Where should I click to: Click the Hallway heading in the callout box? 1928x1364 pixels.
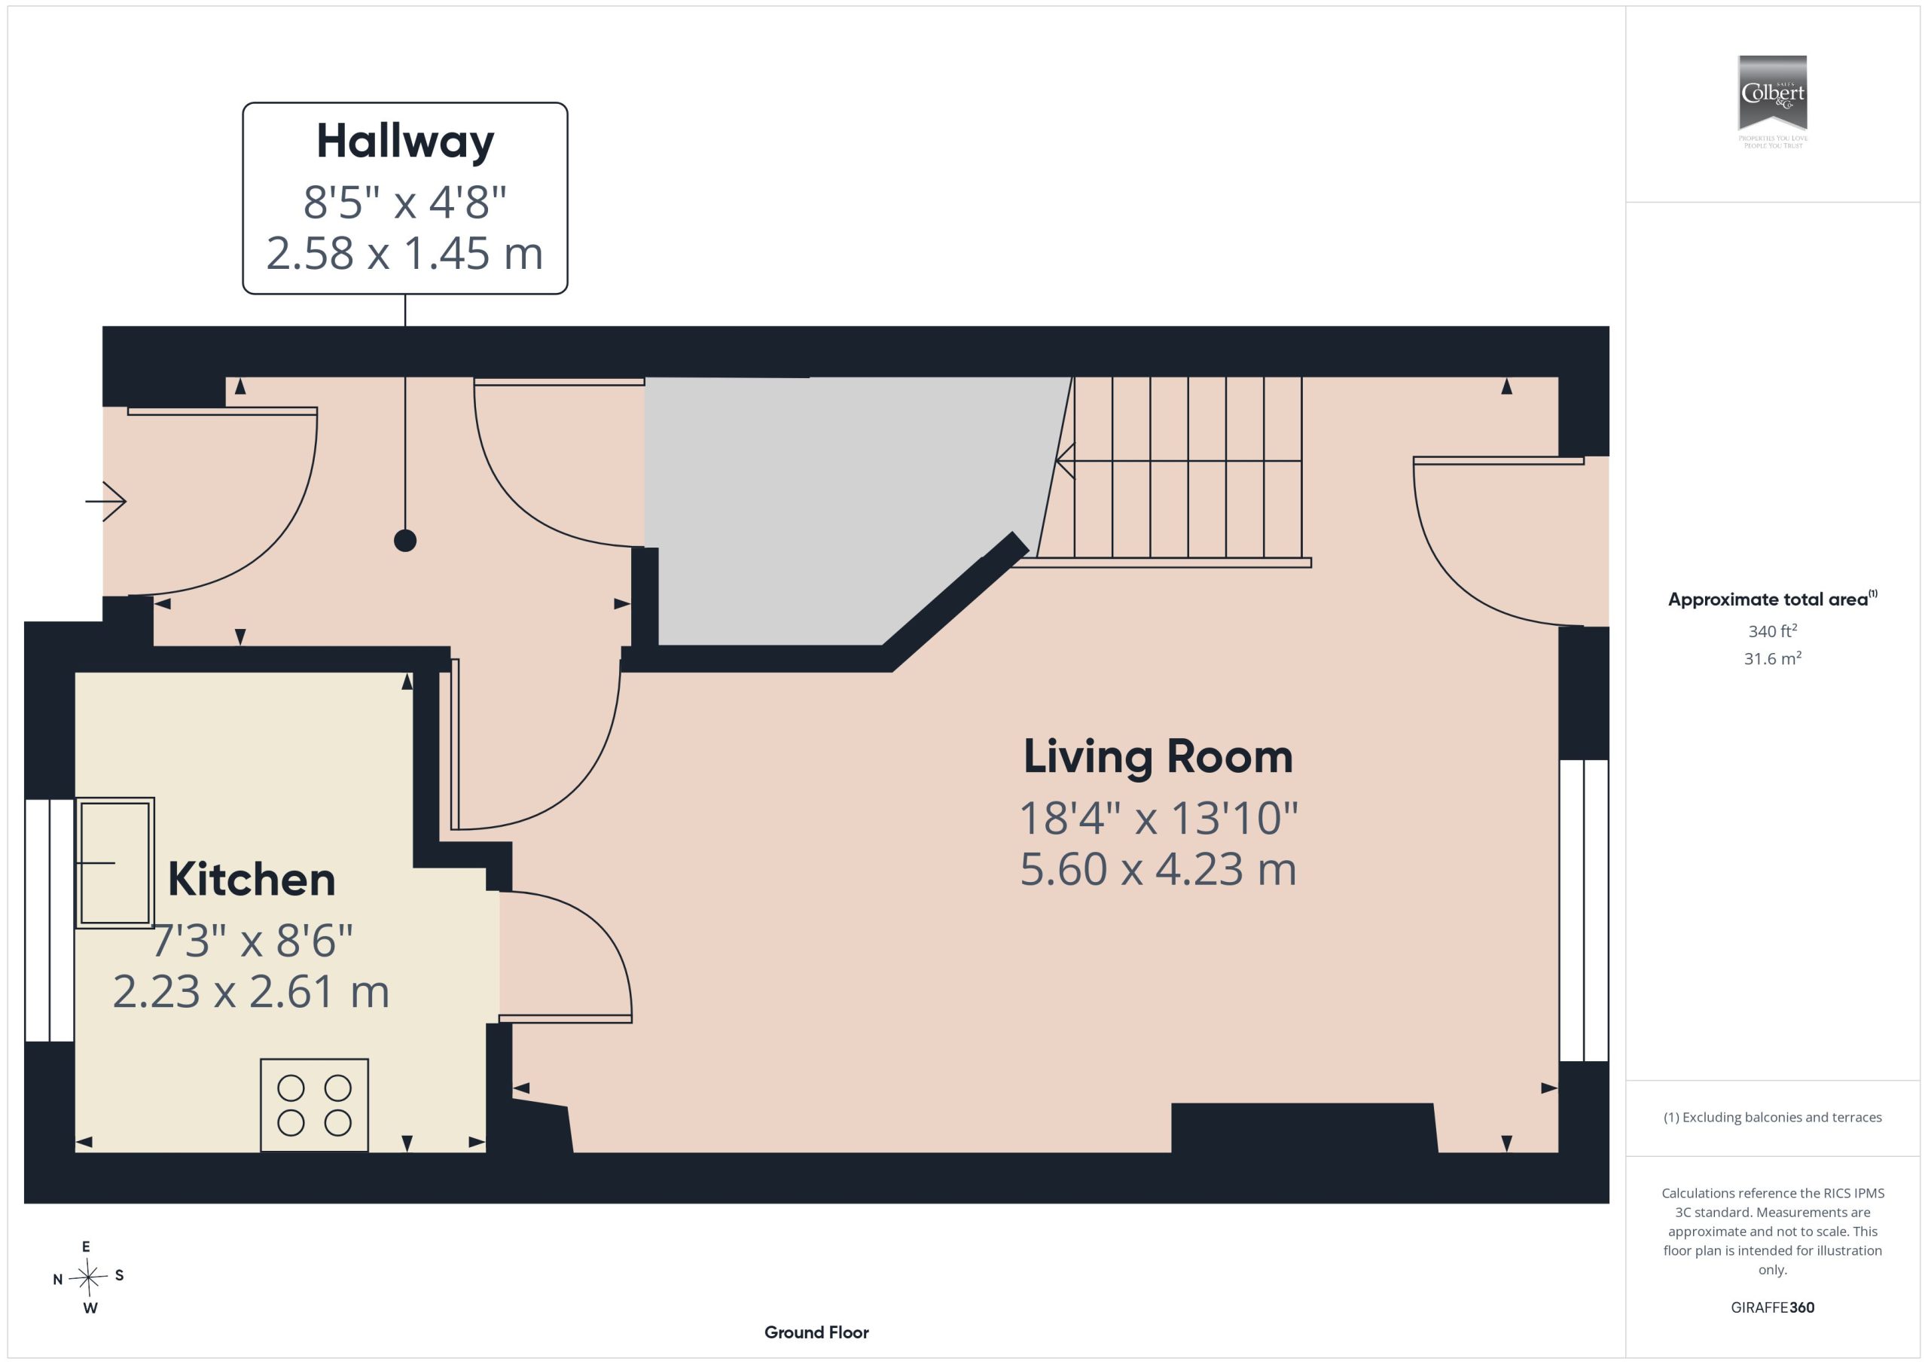coord(404,142)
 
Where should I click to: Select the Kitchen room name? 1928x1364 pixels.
coord(251,880)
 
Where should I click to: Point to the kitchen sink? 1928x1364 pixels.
coord(115,862)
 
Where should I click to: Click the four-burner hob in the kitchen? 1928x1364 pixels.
coord(314,1104)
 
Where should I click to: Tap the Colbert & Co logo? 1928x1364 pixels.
coord(1772,102)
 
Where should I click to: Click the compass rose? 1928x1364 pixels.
coord(88,1277)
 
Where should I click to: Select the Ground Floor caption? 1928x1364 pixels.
coord(816,1332)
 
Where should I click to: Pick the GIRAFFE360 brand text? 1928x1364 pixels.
coord(1772,1307)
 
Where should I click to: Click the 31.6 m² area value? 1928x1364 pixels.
coord(1772,658)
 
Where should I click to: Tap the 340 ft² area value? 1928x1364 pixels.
coord(1772,630)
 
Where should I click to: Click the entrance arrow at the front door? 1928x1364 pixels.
coord(105,502)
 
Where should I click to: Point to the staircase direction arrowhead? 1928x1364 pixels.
coord(1065,461)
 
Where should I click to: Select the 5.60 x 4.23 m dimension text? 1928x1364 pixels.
coord(1158,869)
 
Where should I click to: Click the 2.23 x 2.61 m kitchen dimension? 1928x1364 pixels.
coord(251,992)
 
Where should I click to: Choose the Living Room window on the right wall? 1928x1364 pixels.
coord(1584,911)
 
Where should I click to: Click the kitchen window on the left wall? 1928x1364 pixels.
coord(50,920)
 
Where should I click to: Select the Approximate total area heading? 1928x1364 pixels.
coord(1772,599)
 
